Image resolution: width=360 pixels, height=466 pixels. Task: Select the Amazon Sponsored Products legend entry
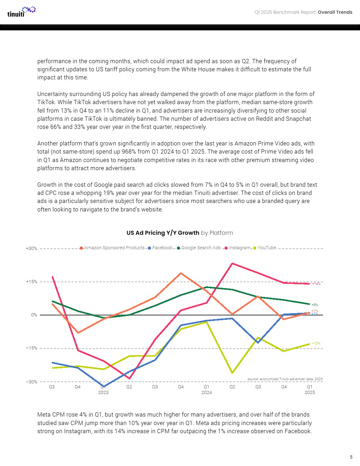(x=114, y=248)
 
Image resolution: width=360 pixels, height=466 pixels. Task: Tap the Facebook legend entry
(x=162, y=248)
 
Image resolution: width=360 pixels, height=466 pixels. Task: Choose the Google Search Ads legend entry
(x=200, y=248)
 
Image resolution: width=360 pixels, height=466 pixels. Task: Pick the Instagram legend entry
(x=239, y=248)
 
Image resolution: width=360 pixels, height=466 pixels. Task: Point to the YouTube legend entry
(x=266, y=248)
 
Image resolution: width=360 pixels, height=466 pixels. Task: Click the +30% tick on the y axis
(x=31, y=249)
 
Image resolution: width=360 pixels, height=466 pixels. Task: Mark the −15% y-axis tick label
(x=31, y=348)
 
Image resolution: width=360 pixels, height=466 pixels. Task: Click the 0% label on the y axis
(x=34, y=315)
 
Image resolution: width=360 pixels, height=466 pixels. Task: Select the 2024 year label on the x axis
(x=206, y=393)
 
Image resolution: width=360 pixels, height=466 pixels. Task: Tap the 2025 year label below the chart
(x=310, y=393)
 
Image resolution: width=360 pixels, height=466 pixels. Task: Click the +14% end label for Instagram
(x=316, y=283)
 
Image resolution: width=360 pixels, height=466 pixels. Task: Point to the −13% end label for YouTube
(x=316, y=343)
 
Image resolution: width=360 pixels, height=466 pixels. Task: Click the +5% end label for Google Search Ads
(x=314, y=305)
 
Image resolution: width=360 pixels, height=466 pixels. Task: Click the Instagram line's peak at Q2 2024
(x=232, y=263)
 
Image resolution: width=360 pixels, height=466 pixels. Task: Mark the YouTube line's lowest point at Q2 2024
(x=232, y=373)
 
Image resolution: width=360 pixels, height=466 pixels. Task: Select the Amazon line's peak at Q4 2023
(x=181, y=273)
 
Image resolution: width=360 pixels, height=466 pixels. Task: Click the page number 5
(x=351, y=457)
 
